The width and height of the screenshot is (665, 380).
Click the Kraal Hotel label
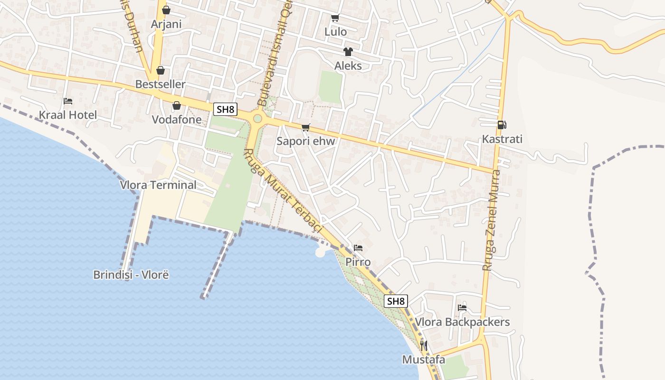coord(67,115)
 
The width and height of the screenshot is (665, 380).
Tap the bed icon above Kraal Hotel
coord(68,101)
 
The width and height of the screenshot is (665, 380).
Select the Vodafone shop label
coord(176,120)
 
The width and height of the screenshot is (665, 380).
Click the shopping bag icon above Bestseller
coord(161,71)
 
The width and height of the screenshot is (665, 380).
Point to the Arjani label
coord(166,24)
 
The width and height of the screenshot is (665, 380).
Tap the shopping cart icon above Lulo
coord(335,18)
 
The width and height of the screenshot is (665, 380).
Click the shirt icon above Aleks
coord(348,52)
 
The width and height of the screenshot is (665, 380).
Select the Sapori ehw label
coord(306,141)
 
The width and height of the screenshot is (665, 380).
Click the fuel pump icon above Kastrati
coord(502,125)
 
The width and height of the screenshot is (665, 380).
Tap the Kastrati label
coord(502,139)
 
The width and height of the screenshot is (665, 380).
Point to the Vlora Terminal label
coord(158,185)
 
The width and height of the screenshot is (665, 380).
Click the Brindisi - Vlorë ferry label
coord(131,275)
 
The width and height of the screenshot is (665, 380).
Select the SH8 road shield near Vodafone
coord(225,110)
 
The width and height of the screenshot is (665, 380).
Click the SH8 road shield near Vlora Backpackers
coord(396,301)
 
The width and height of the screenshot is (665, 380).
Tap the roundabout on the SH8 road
coord(257,118)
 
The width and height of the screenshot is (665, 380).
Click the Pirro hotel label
coord(358,262)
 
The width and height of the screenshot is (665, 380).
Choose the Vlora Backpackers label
coord(462,322)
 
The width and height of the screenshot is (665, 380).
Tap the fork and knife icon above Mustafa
coord(424,346)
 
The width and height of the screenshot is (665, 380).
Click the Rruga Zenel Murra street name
coord(491,221)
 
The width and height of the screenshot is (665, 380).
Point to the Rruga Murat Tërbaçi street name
coord(284,191)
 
